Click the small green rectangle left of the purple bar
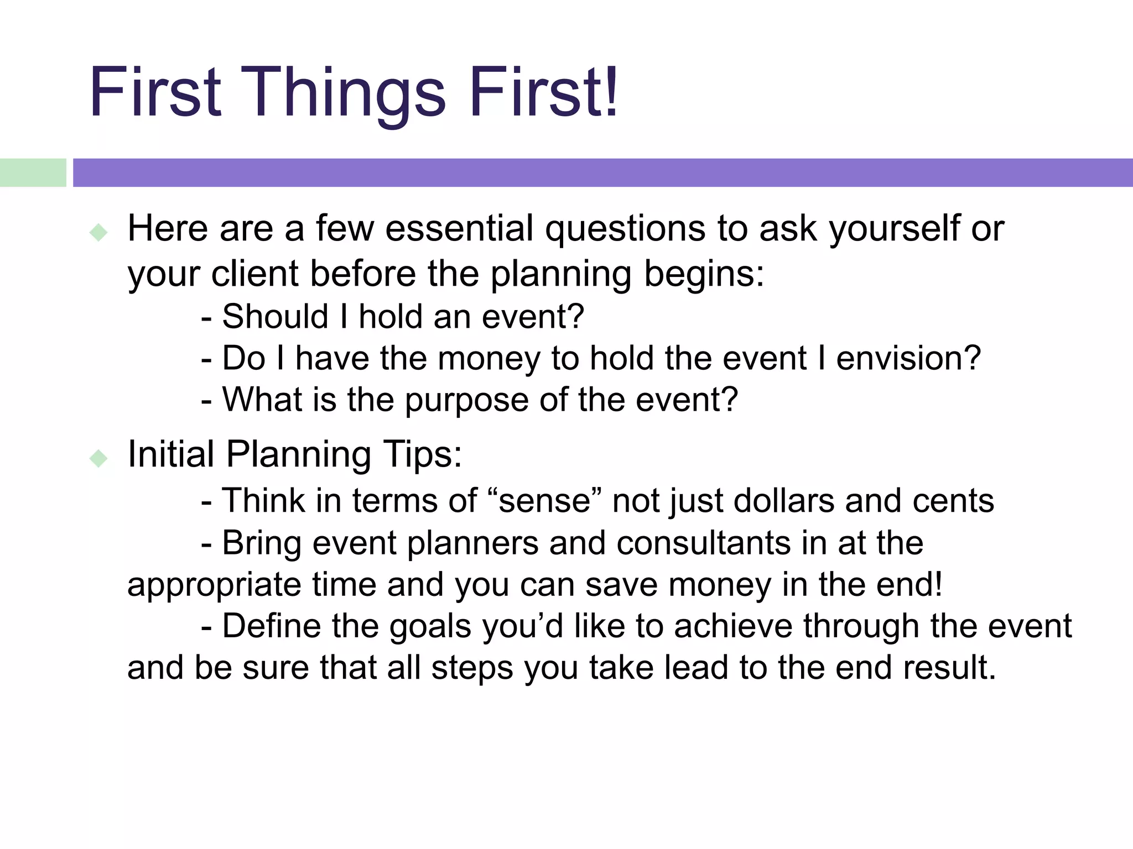pyautogui.click(x=33, y=172)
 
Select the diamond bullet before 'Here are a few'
pyautogui.click(x=98, y=232)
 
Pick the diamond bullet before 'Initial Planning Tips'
pyautogui.click(x=98, y=458)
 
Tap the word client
pyautogui.click(x=254, y=274)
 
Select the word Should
pyautogui.click(x=275, y=317)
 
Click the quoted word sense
pyautogui.click(x=544, y=501)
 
